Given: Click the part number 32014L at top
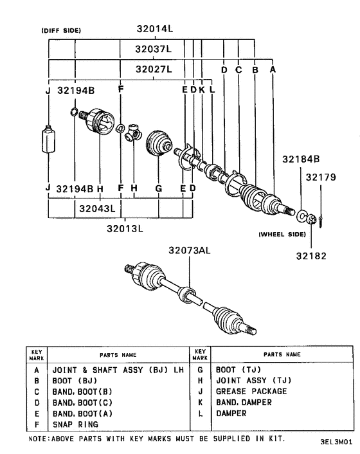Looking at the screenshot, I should pos(155,28).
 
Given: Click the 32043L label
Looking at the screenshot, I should pos(96,209).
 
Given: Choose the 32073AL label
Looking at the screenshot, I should pos(190,250).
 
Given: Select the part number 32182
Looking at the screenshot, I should pos(311,255).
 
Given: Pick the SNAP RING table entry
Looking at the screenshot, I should pos(75,424).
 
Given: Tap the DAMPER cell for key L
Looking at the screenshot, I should pos(231,413).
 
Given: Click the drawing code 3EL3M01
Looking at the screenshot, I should pos(335,444).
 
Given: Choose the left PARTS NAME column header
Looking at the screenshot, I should pos(118,354).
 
